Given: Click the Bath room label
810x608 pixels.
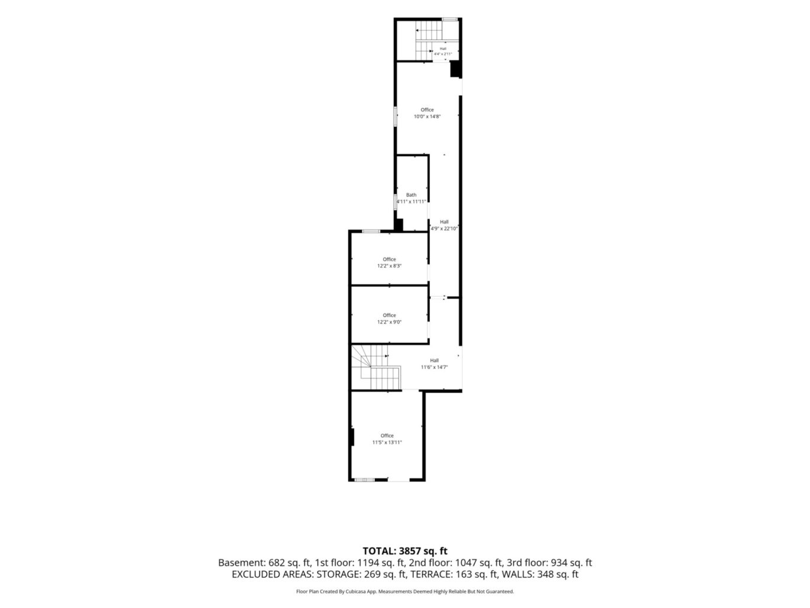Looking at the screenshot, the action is pos(411,195).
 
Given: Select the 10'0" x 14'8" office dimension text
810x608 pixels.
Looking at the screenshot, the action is pos(427,117).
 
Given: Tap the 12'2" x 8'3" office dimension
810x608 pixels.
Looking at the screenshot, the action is pos(389,266).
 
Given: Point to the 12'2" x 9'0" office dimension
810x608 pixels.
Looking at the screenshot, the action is pos(389,322).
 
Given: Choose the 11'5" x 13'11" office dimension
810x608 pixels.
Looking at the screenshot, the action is pos(387,442).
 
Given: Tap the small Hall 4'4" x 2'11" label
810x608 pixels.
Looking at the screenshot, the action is pos(443,51).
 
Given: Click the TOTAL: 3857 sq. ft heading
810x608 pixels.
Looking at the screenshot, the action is pos(405,551).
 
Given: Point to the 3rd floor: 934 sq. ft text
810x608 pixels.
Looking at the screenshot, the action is pos(549,562).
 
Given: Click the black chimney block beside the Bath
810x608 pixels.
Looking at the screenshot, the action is pos(398,225).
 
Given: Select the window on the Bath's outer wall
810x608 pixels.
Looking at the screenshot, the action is pos(395,202).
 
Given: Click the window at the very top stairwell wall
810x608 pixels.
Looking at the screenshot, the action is pos(450,19).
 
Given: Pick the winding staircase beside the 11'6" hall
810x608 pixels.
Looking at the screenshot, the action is pos(375,367).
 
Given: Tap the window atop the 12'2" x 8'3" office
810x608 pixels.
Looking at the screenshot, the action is pos(371,231).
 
